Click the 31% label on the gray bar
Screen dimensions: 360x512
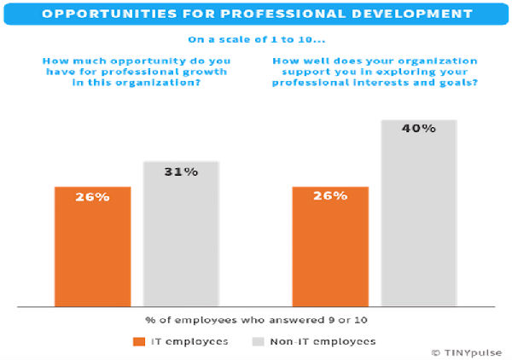181,172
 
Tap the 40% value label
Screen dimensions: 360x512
419,130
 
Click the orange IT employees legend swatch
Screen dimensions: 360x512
140,341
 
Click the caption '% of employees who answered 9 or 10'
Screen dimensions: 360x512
256,320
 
